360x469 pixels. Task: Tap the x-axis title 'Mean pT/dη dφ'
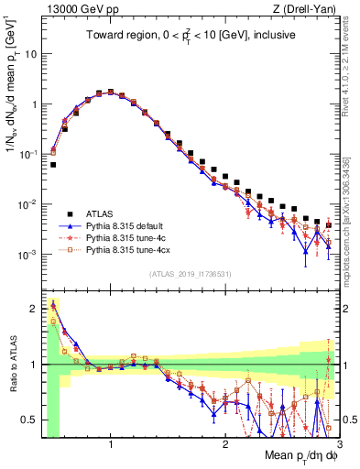290,455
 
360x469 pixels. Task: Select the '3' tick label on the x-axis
339,444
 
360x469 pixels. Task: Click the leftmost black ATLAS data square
53,165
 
